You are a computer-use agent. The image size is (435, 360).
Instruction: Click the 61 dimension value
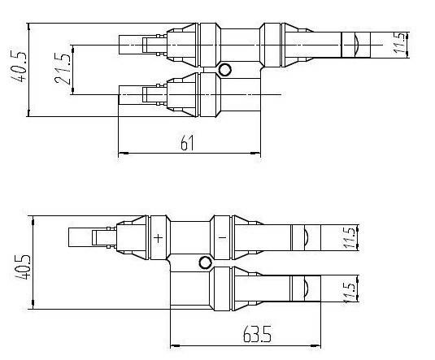(187, 143)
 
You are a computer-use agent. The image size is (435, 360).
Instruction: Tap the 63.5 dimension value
(257, 334)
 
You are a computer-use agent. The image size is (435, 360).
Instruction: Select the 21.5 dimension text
(63, 68)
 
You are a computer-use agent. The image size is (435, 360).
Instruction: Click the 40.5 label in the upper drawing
(19, 67)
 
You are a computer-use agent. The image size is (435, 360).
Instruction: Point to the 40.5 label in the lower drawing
(22, 267)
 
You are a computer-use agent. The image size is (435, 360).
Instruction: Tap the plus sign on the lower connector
(158, 238)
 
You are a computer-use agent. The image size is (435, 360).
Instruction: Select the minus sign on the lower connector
(222, 237)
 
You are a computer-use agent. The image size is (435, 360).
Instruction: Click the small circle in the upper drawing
(224, 70)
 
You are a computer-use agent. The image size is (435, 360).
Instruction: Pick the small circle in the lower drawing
(206, 262)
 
